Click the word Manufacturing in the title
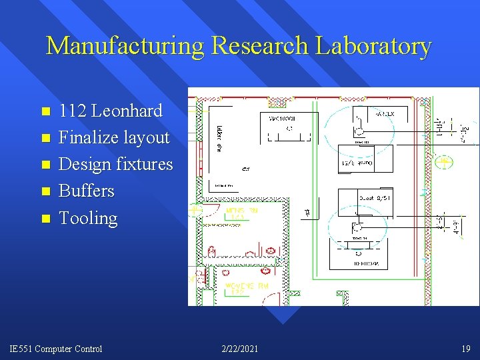point(125,46)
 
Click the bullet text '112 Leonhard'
point(111,111)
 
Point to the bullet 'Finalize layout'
point(114,137)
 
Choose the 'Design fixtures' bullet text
point(116,164)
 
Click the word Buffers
point(87,191)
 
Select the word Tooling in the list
point(88,218)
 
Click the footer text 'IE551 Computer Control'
point(56,349)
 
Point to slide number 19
point(465,349)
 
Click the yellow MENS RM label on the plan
point(242,213)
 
